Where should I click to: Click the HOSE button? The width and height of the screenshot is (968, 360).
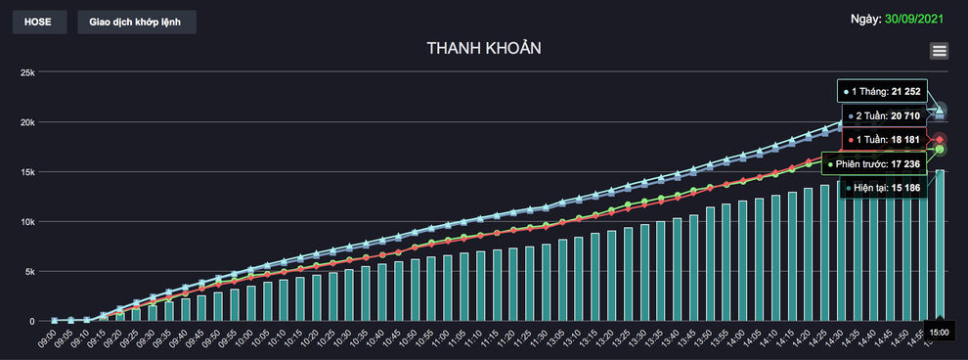click(x=39, y=22)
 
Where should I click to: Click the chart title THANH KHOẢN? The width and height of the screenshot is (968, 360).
click(x=484, y=48)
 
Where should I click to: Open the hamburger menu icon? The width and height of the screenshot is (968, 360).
click(x=940, y=52)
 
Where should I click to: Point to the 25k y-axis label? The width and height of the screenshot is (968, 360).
click(x=26, y=72)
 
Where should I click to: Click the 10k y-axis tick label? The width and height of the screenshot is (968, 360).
click(x=26, y=222)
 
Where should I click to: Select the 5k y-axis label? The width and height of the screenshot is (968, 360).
click(x=28, y=272)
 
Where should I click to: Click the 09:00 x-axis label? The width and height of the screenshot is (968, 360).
click(x=47, y=338)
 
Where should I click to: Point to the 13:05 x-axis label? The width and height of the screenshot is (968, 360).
click(x=554, y=338)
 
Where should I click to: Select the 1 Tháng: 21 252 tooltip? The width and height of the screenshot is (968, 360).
click(x=882, y=91)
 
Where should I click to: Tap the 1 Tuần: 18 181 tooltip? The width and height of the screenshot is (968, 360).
click(x=883, y=140)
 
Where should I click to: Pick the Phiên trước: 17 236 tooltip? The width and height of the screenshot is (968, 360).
click(x=871, y=163)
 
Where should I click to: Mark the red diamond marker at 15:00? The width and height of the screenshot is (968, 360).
click(x=940, y=140)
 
